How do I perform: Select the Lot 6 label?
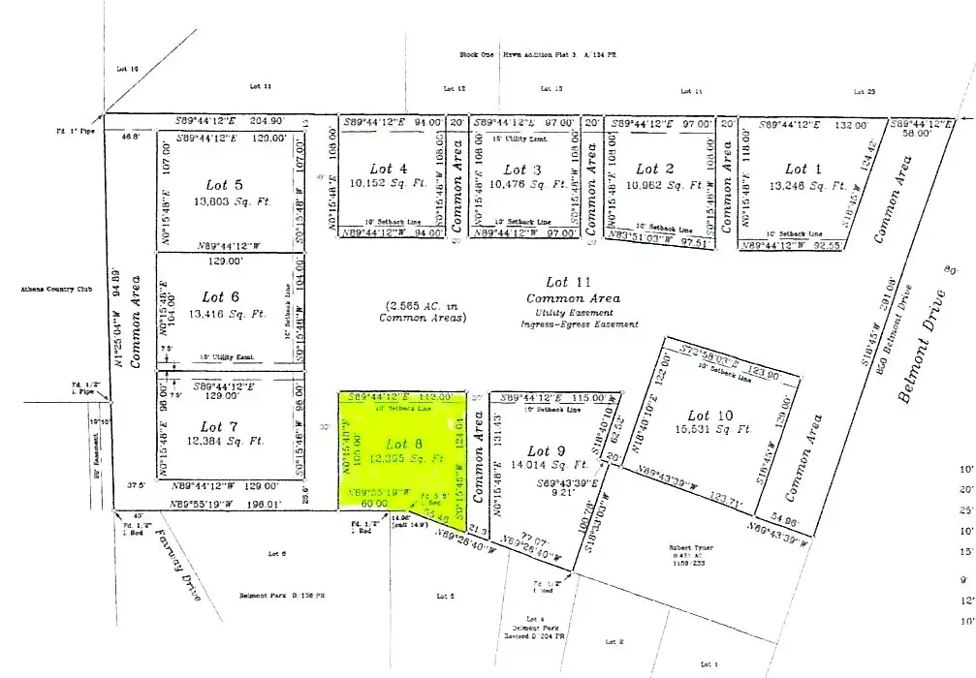click(x=221, y=297)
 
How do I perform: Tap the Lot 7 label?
click(x=220, y=427)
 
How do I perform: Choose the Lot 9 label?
click(x=546, y=450)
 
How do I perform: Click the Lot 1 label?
click(x=796, y=169)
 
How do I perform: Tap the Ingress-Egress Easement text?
click(x=579, y=324)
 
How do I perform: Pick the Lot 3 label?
click(x=516, y=169)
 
